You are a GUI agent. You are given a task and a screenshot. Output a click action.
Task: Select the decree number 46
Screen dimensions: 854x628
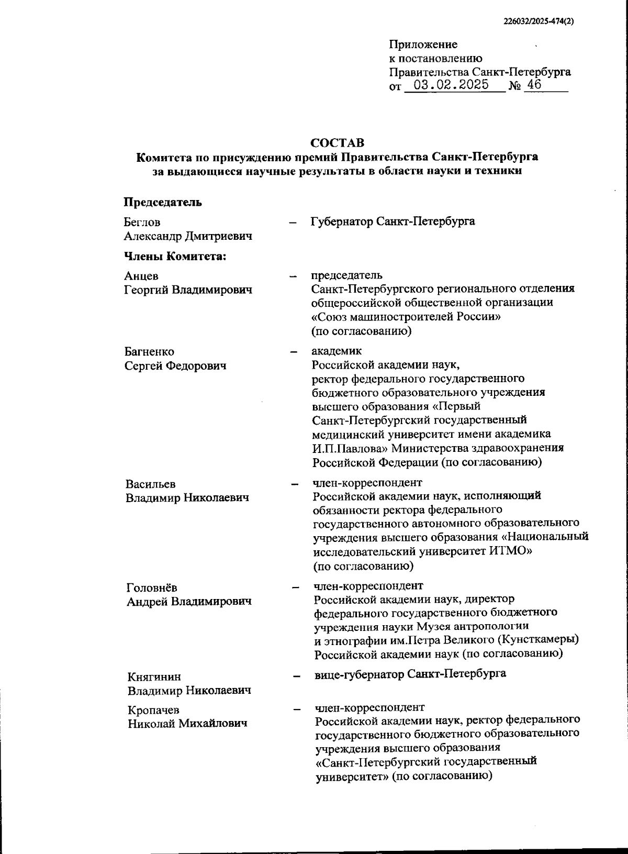click(535, 85)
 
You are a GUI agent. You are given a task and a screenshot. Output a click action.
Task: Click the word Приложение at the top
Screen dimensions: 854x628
click(423, 45)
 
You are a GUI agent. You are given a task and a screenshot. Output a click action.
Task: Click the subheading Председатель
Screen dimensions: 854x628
click(163, 202)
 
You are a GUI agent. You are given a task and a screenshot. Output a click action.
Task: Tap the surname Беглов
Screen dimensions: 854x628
click(142, 223)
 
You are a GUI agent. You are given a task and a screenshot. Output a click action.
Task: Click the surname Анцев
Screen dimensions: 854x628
click(141, 276)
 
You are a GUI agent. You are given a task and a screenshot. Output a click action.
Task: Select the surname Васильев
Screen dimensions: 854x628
click(151, 484)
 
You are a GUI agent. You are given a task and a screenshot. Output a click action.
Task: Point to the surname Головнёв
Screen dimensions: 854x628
click(152, 587)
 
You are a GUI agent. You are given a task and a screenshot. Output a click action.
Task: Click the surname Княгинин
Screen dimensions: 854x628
click(154, 677)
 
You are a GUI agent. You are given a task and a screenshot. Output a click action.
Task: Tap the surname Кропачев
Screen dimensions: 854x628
click(154, 710)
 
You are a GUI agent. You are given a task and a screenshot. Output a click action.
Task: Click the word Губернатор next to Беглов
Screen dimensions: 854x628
click(342, 221)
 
